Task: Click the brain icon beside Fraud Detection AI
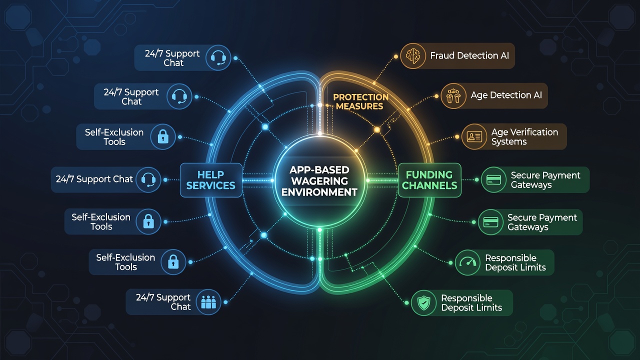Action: [x=413, y=55]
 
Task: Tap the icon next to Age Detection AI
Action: [x=453, y=95]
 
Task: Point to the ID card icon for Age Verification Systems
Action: [x=474, y=136]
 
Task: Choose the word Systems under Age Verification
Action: [x=509, y=141]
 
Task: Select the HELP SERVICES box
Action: [x=211, y=180]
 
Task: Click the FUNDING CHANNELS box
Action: [x=429, y=180]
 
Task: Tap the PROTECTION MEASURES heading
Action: [x=360, y=101]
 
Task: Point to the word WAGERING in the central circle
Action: [x=319, y=181]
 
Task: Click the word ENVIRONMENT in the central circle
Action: [x=319, y=192]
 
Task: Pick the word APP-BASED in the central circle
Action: [x=319, y=170]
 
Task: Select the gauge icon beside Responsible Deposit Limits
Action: [x=467, y=262]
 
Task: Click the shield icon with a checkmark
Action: [x=423, y=303]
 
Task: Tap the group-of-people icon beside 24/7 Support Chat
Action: [x=208, y=302]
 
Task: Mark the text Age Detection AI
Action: [x=506, y=95]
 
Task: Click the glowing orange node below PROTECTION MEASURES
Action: [x=377, y=130]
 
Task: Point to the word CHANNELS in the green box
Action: [x=429, y=185]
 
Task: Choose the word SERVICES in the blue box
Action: [x=211, y=185]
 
